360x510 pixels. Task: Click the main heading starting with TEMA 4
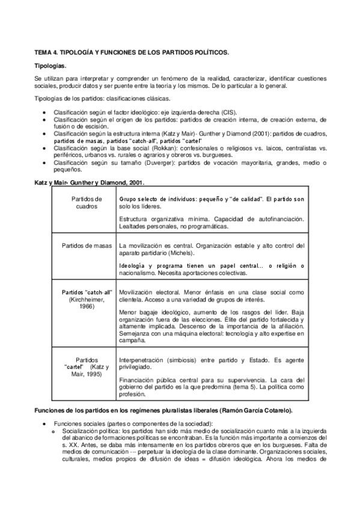[131, 53]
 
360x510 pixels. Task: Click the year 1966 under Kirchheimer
[87, 306]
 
